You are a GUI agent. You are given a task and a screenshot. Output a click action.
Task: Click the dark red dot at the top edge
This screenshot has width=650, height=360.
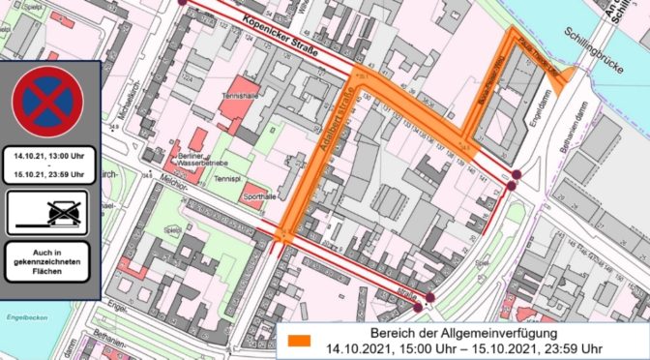click(x=186, y=2)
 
